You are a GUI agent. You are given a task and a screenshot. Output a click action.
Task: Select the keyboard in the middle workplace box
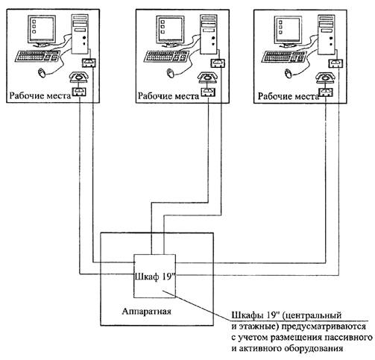[167, 56]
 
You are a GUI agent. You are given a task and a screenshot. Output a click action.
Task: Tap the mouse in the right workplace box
[288, 74]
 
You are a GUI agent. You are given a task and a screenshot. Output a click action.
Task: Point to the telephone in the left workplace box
[79, 77]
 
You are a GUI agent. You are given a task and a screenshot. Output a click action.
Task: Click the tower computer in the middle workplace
[209, 34]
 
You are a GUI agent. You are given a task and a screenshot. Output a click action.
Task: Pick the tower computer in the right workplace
[327, 34]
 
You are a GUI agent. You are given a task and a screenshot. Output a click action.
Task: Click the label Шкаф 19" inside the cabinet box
[154, 277]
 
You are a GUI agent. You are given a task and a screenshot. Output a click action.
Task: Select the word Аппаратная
[147, 311]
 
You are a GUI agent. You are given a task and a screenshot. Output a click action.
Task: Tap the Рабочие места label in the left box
[40, 95]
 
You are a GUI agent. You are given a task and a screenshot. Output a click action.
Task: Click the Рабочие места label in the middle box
[168, 96]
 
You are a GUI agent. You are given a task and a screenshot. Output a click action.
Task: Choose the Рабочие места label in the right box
[289, 96]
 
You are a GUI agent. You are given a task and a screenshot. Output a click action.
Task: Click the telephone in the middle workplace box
[208, 78]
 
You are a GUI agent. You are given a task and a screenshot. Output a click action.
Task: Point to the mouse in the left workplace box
[42, 73]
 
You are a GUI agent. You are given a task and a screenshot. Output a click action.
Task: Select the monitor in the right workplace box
[288, 31]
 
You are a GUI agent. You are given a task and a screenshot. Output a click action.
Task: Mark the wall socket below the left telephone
[79, 92]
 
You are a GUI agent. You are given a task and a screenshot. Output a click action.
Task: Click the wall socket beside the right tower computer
[336, 63]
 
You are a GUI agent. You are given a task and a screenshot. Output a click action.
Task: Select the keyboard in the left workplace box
[38, 56]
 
